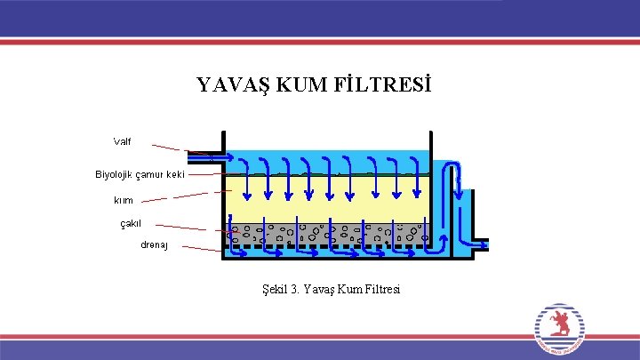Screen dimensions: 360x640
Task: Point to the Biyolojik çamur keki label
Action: coord(140,174)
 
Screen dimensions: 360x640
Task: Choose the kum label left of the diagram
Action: coord(124,200)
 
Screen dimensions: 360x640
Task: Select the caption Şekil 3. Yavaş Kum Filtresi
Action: coord(326,289)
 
